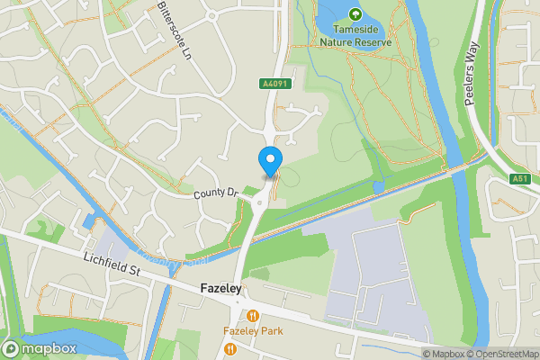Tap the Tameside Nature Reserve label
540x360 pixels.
point(355,35)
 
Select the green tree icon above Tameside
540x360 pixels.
point(355,14)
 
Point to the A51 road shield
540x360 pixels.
point(521,179)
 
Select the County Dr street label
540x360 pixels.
point(213,193)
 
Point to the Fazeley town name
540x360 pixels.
point(219,289)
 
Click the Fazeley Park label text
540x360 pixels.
point(254,330)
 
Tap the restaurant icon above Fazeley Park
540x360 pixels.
point(254,316)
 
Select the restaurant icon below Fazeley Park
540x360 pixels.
point(230,348)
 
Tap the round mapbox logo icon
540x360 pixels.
point(12,348)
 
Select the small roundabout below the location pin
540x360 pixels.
point(259,204)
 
